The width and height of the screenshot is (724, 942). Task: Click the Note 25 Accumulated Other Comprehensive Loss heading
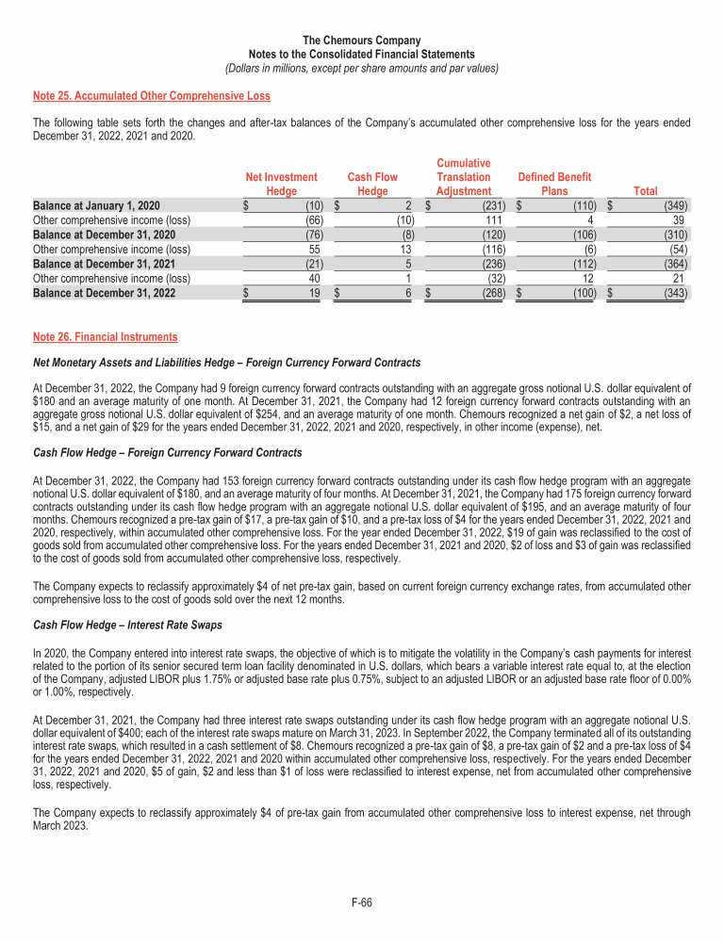(151, 96)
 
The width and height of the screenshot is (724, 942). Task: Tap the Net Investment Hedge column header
(281, 184)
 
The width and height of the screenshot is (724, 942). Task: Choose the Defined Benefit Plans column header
(554, 184)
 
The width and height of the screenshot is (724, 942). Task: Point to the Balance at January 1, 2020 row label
(96, 205)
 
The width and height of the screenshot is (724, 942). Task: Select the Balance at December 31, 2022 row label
(104, 294)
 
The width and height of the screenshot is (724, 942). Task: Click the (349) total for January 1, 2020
(674, 205)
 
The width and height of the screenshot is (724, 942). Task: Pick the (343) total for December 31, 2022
(674, 294)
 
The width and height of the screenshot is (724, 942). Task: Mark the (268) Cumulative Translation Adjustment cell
(493, 294)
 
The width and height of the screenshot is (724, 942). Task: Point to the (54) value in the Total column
(677, 250)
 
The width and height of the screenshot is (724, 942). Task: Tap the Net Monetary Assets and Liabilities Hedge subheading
(226, 363)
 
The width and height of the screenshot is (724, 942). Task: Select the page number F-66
(362, 902)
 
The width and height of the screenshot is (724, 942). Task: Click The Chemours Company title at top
(362, 41)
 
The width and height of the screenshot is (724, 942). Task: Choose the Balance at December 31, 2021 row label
(104, 265)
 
